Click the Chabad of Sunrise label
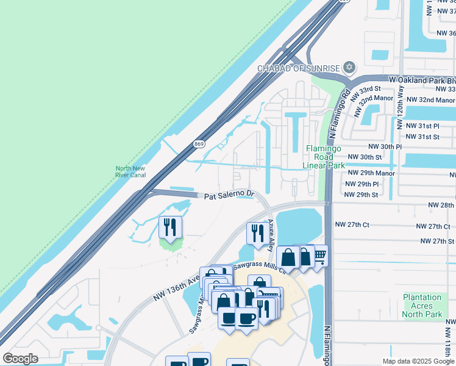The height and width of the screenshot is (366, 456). pos(297,68)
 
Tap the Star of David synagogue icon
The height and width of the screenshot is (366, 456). pos(349,67)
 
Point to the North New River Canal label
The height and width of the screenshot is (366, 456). pos(130,171)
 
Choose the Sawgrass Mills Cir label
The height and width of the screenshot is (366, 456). pos(260,266)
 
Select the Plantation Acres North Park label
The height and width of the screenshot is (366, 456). pos(422,306)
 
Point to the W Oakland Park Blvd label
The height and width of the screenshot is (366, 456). pos(422,80)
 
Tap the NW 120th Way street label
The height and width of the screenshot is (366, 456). pos(401,107)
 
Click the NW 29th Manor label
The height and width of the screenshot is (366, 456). pos(369,174)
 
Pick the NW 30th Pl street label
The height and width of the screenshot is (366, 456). pos(385,147)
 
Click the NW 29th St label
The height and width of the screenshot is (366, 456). pos(361,195)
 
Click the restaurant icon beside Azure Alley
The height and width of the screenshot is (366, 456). pos(257,232)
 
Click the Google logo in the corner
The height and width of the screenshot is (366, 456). pos(20,359)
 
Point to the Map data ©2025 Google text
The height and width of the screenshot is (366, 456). pos(418,361)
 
